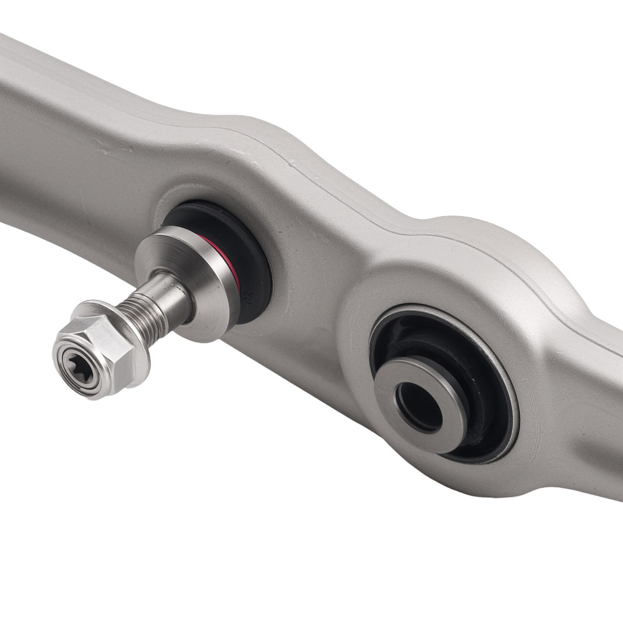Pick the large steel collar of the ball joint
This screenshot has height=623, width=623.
tap(206, 280)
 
